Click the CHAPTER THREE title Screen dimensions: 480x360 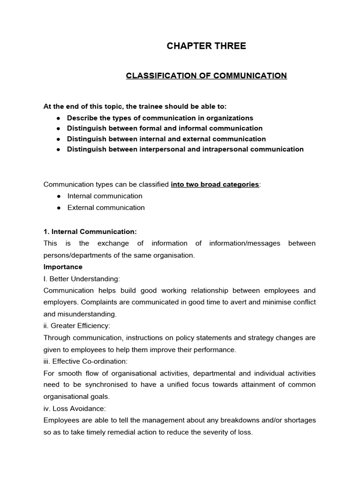(x=206, y=46)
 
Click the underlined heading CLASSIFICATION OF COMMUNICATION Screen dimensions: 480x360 (x=206, y=75)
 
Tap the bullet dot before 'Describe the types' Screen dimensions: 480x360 (x=58, y=118)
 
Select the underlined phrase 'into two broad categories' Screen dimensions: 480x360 (x=215, y=185)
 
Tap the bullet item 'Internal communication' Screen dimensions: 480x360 (x=105, y=196)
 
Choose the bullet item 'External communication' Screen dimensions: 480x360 (x=106, y=208)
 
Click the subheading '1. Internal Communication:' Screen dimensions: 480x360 (x=90, y=232)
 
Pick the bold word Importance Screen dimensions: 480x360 (x=63, y=267)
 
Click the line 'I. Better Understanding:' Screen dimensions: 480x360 (x=82, y=279)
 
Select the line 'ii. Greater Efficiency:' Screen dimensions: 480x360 (x=77, y=326)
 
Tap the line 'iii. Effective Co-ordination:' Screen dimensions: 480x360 (x=85, y=361)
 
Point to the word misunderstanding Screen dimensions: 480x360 (x=86, y=314)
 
